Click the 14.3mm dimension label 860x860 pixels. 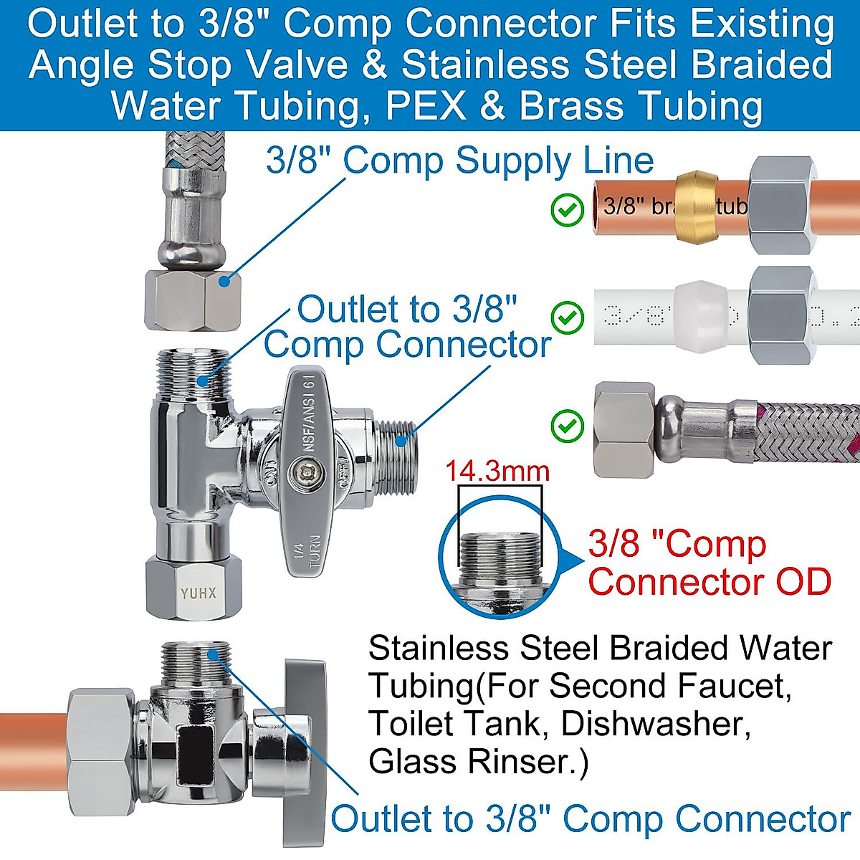point(497,471)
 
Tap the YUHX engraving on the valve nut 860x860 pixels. point(199,593)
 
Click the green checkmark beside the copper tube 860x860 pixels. point(568,211)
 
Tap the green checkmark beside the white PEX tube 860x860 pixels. point(568,316)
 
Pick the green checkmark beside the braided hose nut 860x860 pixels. point(568,426)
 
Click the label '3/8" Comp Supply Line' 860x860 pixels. point(459,161)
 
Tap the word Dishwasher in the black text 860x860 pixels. point(656,724)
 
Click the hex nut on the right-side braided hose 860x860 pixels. point(624,429)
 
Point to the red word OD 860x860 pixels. point(802,581)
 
